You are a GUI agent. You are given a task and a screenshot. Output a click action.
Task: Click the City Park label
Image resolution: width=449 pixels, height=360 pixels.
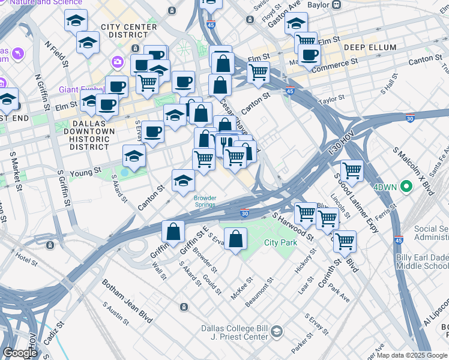tap(281, 242)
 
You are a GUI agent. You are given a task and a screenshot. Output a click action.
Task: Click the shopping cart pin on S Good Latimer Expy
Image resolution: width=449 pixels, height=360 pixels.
tap(351, 170)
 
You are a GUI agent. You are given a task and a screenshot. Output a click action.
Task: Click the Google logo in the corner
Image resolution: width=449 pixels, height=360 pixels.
tap(20, 353)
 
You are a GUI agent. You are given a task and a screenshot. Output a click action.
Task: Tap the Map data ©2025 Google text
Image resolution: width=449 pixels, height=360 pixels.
tap(412, 355)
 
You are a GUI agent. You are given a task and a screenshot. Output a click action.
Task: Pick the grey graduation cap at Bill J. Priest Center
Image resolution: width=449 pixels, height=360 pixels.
tap(276, 331)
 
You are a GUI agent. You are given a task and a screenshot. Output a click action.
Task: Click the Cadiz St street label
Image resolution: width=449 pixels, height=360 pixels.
tap(53, 333)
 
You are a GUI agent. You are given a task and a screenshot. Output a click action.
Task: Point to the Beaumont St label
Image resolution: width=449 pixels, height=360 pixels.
tap(260, 289)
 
